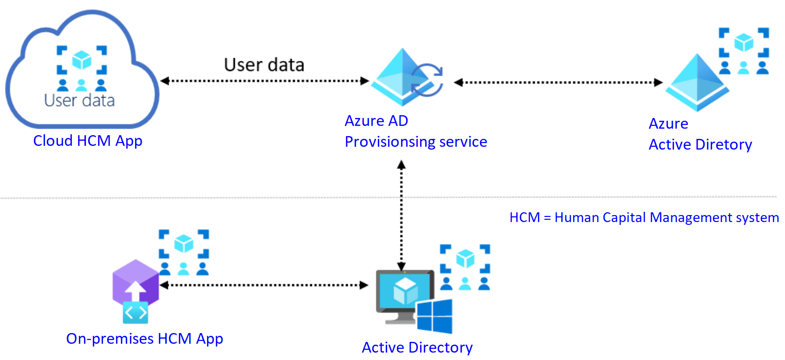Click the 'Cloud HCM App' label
tap(88, 141)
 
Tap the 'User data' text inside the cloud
tap(79, 100)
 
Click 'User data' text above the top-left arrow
tap(264, 65)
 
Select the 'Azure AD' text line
tap(376, 121)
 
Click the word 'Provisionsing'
tap(390, 142)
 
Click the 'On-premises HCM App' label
tap(144, 339)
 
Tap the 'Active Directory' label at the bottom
tap(417, 347)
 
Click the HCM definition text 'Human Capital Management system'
tap(667, 217)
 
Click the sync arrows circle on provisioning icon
tap(427, 80)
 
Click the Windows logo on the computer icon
tap(435, 316)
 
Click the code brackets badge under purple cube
tap(136, 313)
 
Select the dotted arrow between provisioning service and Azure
tap(558, 83)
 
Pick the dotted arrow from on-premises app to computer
tap(264, 285)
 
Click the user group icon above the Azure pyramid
tap(744, 51)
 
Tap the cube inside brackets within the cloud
tap(82, 60)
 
